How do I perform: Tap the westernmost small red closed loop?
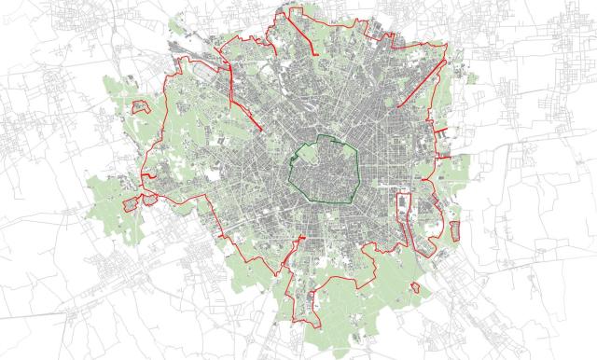tap(131, 203)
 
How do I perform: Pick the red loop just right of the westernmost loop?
tap(148, 198)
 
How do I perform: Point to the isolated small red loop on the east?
tap(454, 229)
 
